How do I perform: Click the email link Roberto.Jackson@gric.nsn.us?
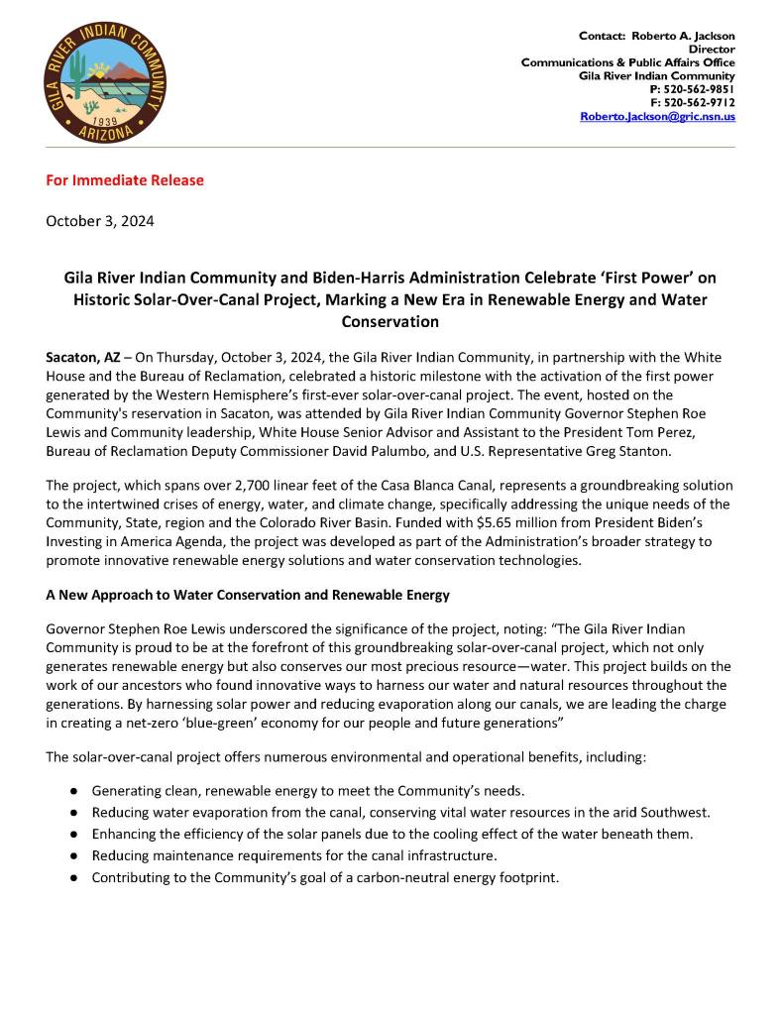[657, 116]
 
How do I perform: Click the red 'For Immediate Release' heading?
[125, 180]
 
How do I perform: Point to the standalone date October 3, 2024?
[100, 221]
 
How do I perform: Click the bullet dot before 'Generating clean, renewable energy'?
[74, 791]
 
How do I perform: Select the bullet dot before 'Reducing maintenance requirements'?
[74, 855]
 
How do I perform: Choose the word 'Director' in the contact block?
[712, 49]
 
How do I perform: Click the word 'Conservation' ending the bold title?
[390, 322]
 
